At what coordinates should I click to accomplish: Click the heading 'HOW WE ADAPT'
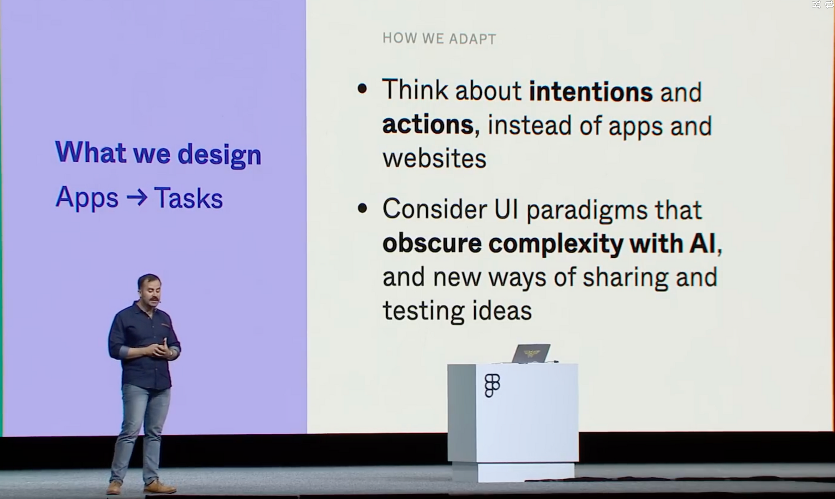[x=439, y=38]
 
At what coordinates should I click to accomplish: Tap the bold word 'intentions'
[x=591, y=91]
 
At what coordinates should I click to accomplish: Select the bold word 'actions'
[x=428, y=125]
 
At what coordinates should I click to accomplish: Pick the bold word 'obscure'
[x=432, y=244]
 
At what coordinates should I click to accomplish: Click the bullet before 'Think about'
[x=362, y=89]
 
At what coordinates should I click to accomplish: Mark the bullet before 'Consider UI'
[x=362, y=208]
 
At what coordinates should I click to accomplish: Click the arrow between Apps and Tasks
[x=137, y=196]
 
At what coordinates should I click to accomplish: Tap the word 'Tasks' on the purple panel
[x=188, y=197]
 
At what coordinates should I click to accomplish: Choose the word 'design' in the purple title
[x=219, y=155]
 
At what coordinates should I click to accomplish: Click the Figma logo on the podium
[x=492, y=385]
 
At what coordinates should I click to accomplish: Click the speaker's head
[x=149, y=288]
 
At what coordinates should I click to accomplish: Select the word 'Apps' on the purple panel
[x=87, y=198]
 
